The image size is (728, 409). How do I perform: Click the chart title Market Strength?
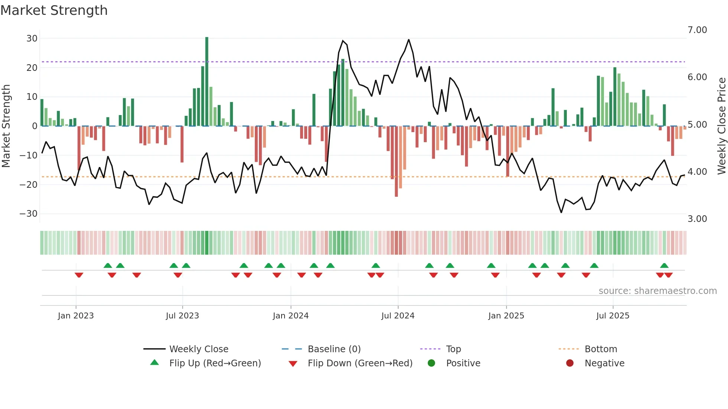coord(54,10)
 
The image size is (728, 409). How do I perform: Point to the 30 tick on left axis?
coord(32,39)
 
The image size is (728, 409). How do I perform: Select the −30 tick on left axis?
coord(29,214)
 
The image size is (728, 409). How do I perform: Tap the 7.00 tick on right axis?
coord(697,30)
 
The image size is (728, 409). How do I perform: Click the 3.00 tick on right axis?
coord(697,219)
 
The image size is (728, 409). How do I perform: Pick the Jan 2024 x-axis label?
coord(290,316)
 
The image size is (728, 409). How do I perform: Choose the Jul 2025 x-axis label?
coord(612,316)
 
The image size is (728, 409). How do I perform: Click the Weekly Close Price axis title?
coord(721,126)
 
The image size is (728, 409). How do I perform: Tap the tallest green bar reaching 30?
coord(207,82)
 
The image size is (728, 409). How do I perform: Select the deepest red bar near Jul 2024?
coord(396,161)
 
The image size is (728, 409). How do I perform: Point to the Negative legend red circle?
coord(570,363)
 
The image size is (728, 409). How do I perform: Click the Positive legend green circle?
coord(431,363)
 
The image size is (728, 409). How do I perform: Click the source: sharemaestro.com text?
coord(657,291)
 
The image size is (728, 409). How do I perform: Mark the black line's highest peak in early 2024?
coord(343,41)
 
